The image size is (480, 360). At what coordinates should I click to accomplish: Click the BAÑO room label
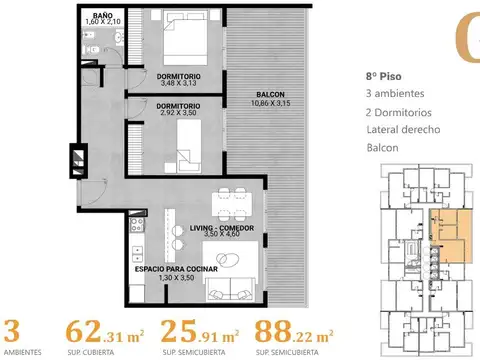103,15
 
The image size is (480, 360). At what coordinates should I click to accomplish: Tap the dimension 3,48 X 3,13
179,83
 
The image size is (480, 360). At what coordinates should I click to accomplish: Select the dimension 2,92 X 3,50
178,113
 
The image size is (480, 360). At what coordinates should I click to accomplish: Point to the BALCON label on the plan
270,95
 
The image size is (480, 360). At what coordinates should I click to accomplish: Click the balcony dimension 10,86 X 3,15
270,103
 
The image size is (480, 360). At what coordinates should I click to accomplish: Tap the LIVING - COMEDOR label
222,228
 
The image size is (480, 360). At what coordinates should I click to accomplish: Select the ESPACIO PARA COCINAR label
176,269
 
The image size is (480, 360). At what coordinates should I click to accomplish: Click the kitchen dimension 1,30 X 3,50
176,277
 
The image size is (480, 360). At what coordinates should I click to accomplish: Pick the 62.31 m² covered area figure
105,332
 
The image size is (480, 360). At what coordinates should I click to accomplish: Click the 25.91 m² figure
200,332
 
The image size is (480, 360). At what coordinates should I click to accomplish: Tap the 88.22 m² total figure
294,332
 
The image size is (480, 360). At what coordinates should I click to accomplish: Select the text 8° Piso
383,76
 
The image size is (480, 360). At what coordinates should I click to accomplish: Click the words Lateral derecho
403,129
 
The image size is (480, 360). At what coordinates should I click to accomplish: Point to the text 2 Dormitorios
398,113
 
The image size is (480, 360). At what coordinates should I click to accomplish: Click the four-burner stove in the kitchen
137,225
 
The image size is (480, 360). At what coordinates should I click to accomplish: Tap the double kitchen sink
137,254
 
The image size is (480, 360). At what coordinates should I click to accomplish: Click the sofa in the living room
230,289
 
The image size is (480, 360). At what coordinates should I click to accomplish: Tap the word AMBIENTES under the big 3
23,352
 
